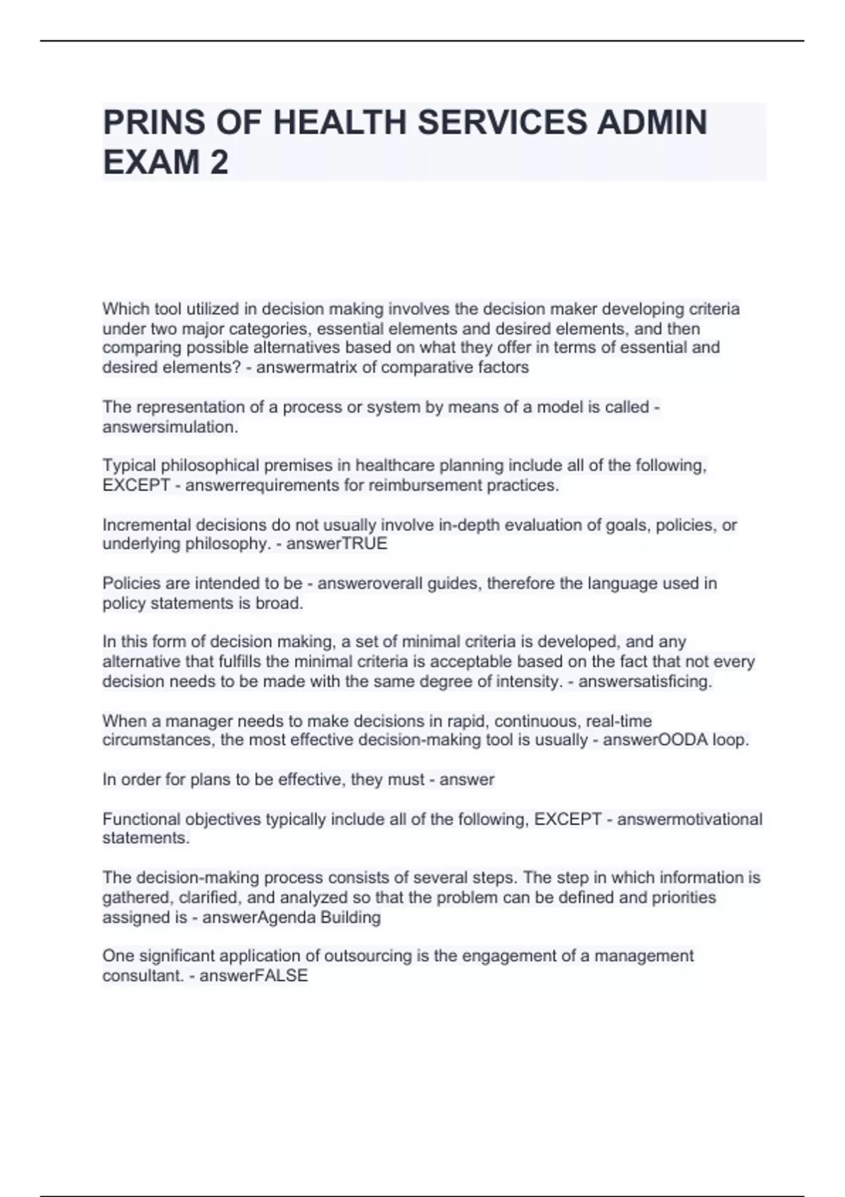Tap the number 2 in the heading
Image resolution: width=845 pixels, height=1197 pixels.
point(218,163)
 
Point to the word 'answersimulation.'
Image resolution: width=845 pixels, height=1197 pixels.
point(170,427)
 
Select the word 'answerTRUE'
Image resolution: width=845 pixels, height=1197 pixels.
point(337,544)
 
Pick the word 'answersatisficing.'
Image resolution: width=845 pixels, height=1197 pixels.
point(645,682)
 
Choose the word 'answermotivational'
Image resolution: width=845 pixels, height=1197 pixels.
point(689,820)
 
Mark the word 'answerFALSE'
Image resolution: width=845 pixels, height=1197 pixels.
point(254,976)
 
